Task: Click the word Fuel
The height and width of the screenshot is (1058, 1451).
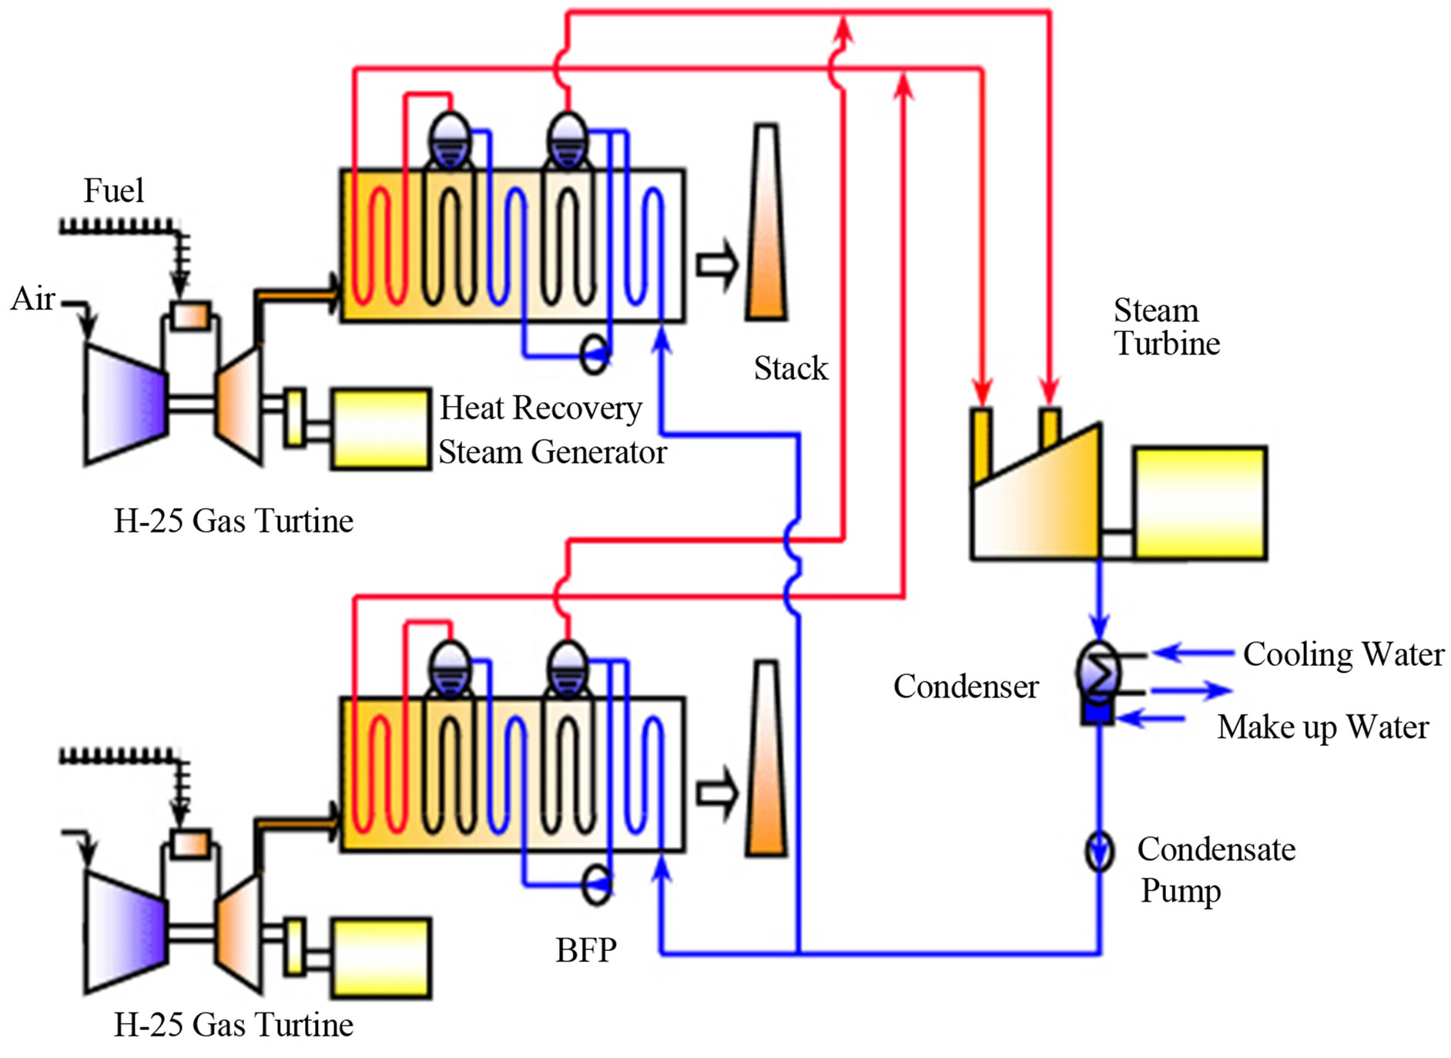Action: tap(113, 190)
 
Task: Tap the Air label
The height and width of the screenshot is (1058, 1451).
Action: tap(33, 298)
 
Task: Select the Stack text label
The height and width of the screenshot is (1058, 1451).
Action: tap(790, 368)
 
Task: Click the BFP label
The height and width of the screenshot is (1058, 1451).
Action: tap(586, 950)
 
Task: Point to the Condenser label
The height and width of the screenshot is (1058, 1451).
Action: tap(966, 686)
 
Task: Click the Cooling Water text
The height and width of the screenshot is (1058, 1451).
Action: tap(1343, 653)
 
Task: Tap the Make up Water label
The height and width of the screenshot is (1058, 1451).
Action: tap(1322, 727)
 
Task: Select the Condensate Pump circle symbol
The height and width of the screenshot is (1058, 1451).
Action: tap(1100, 851)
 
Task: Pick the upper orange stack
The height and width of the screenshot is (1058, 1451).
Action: tap(766, 222)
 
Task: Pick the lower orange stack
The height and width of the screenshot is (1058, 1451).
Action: tap(766, 758)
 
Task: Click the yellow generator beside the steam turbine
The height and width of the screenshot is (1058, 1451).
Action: tap(1200, 502)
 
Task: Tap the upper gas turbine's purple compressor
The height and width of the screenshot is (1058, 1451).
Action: tap(126, 404)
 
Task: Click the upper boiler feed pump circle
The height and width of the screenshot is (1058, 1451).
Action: tap(595, 355)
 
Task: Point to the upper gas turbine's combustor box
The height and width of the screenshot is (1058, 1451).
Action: tap(190, 315)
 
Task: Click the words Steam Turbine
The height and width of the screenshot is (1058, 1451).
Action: tap(1166, 327)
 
